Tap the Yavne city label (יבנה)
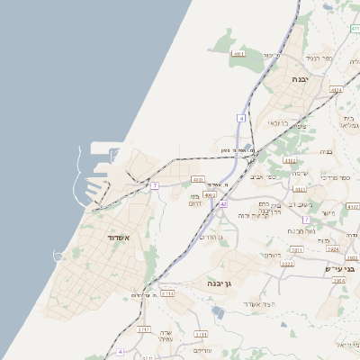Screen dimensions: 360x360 coord(301,79)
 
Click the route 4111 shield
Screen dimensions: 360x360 coord(238,55)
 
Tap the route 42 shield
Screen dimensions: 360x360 coord(222,204)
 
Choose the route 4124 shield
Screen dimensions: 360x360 coord(337,90)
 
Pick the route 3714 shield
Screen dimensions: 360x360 coord(167,292)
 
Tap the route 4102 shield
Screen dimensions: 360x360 coord(211,193)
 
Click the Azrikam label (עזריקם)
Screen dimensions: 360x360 coord(202,350)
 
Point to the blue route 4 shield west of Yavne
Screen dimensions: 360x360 coord(242,118)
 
